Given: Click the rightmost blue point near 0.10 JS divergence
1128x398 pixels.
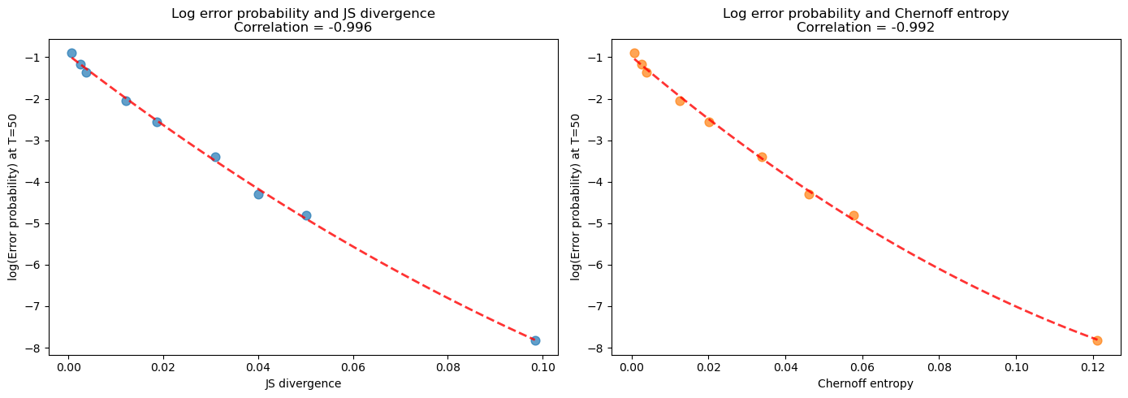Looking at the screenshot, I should tap(535, 340).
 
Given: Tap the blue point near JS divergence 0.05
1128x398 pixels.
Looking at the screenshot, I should tap(306, 215).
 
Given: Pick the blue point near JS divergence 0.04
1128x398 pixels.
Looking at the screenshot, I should tap(258, 194).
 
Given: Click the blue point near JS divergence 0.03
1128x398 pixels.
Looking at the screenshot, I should tap(215, 157).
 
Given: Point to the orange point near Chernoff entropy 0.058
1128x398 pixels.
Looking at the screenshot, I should tap(854, 215).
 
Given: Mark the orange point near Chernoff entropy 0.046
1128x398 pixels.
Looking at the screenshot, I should tap(809, 194).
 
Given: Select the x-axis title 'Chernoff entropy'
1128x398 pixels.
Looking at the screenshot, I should tap(866, 384).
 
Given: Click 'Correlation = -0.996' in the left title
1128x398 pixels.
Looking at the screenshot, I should tap(303, 27).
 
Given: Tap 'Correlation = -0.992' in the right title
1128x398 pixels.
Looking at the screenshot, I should tap(866, 27).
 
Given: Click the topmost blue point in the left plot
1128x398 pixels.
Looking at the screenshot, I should tap(71, 53).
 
